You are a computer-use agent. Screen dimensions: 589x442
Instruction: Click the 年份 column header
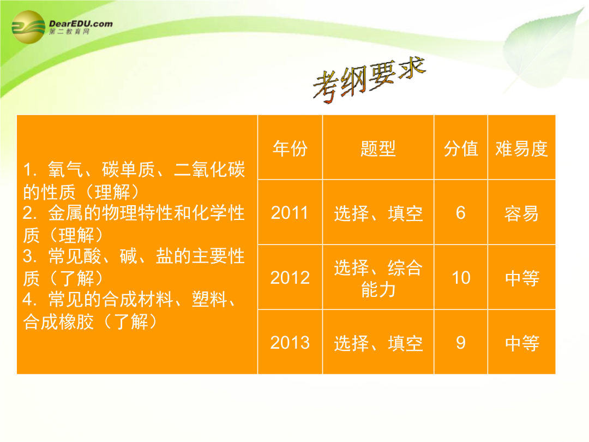pyautogui.click(x=290, y=148)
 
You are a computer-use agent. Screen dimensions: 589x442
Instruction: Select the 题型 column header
pyautogui.click(x=378, y=148)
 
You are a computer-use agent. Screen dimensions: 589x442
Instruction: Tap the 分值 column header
pyautogui.click(x=461, y=148)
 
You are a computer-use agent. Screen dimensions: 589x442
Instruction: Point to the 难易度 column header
pyautogui.click(x=521, y=148)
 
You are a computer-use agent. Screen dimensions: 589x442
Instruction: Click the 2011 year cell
pyautogui.click(x=290, y=213)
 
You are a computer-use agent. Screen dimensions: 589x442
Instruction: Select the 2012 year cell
pyautogui.click(x=290, y=278)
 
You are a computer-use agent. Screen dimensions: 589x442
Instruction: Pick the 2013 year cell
pyautogui.click(x=290, y=343)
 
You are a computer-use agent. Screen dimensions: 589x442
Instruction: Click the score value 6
pyautogui.click(x=461, y=213)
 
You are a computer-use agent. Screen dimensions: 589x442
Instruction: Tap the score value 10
pyautogui.click(x=461, y=278)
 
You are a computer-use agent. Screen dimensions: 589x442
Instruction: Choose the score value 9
pyautogui.click(x=461, y=343)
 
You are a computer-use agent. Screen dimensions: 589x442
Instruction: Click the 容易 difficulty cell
pyautogui.click(x=521, y=213)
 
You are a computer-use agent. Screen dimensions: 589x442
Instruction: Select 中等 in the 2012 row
pyautogui.click(x=522, y=278)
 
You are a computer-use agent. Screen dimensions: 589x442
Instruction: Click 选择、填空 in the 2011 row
pyautogui.click(x=378, y=213)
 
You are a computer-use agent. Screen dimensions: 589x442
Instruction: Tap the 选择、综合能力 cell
pyautogui.click(x=378, y=278)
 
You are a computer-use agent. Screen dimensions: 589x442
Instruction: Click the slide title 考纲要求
pyautogui.click(x=369, y=80)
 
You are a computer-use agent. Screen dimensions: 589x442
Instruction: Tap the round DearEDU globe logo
pyautogui.click(x=28, y=27)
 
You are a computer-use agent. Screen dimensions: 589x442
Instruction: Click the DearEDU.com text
pyautogui.click(x=81, y=23)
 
